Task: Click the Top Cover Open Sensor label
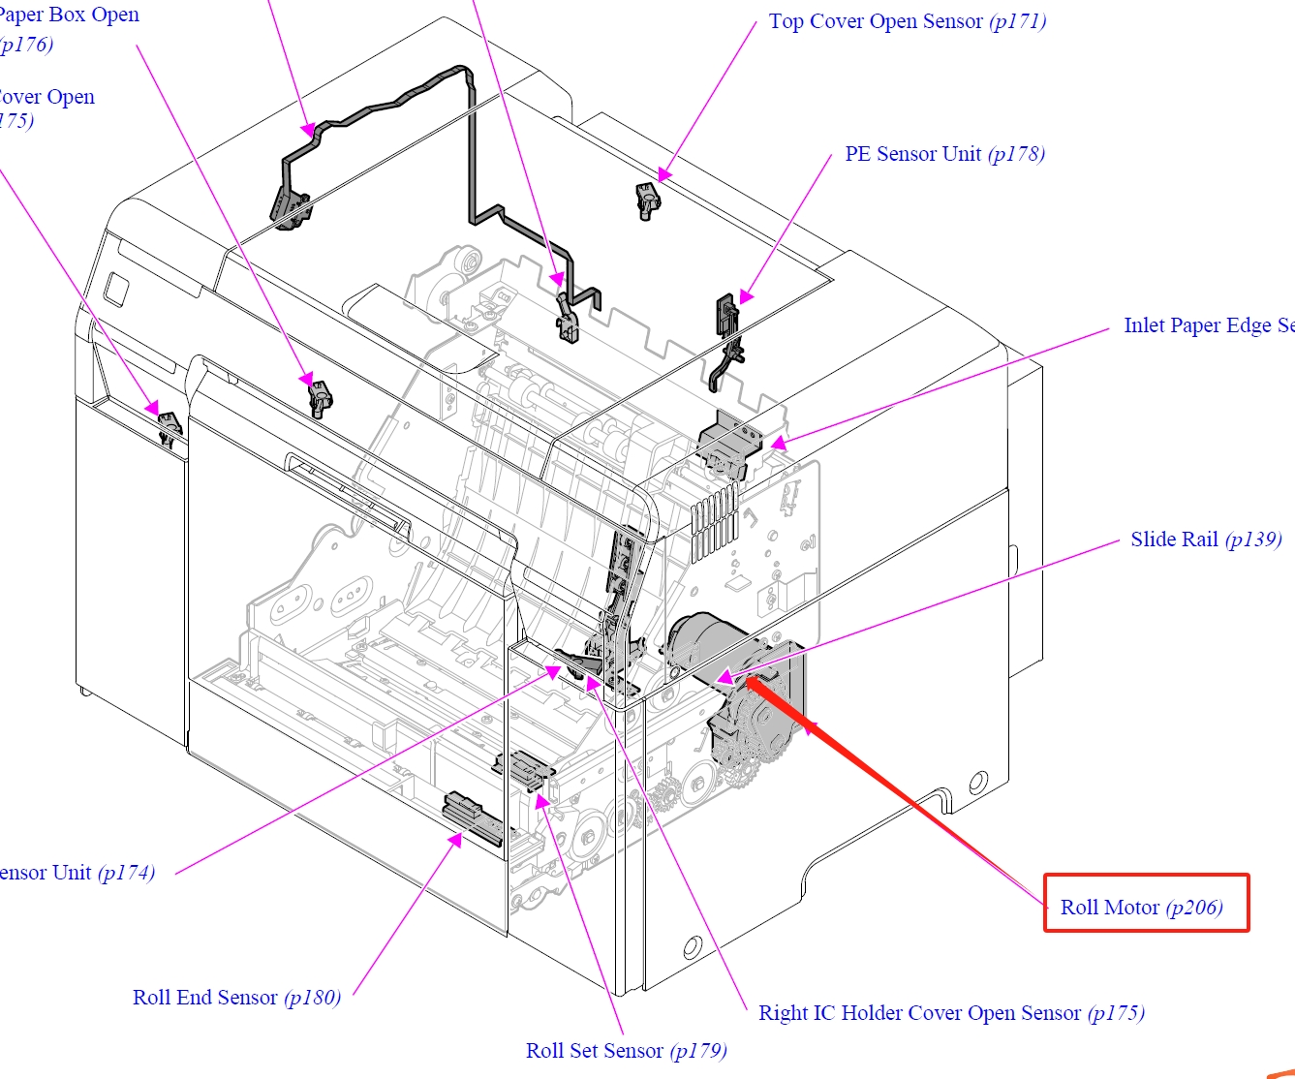coord(876,22)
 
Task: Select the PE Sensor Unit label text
coord(912,155)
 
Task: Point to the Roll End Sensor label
coord(205,998)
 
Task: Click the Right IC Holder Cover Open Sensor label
coord(919,1013)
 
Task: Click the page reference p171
coord(1018,22)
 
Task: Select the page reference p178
coord(1016,155)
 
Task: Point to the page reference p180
coord(312,998)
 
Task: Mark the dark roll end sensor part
coord(473,817)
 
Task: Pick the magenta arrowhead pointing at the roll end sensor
coord(456,840)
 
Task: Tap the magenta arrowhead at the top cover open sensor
coord(663,175)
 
